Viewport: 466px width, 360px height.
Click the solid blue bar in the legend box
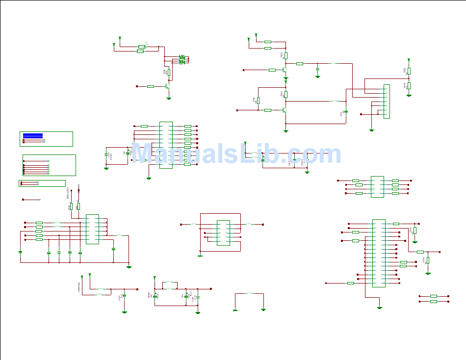click(x=33, y=135)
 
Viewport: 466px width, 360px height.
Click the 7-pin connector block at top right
click(x=387, y=102)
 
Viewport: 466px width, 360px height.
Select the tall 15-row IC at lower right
click(x=379, y=253)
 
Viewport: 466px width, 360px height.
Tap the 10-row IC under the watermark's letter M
click(x=166, y=145)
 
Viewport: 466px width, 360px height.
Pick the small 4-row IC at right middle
click(x=377, y=187)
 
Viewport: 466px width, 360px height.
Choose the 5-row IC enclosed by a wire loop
click(x=223, y=232)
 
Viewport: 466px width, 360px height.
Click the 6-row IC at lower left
click(x=92, y=229)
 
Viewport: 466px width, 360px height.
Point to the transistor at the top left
click(x=168, y=86)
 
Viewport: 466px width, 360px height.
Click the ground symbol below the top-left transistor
click(x=169, y=99)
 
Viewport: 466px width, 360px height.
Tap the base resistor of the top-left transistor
click(x=150, y=86)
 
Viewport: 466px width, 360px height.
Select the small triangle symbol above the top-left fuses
click(x=146, y=43)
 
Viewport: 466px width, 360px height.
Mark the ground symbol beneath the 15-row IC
click(x=380, y=308)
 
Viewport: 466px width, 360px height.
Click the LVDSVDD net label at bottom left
click(x=79, y=287)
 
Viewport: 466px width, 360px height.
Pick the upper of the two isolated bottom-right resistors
click(x=433, y=296)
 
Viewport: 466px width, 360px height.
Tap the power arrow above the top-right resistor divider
click(x=409, y=60)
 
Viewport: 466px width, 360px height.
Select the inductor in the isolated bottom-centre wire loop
click(x=249, y=293)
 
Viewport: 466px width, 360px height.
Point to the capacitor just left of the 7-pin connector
click(x=346, y=112)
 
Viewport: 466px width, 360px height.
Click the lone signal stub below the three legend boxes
click(x=31, y=200)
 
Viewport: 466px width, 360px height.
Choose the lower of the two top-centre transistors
click(x=285, y=110)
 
